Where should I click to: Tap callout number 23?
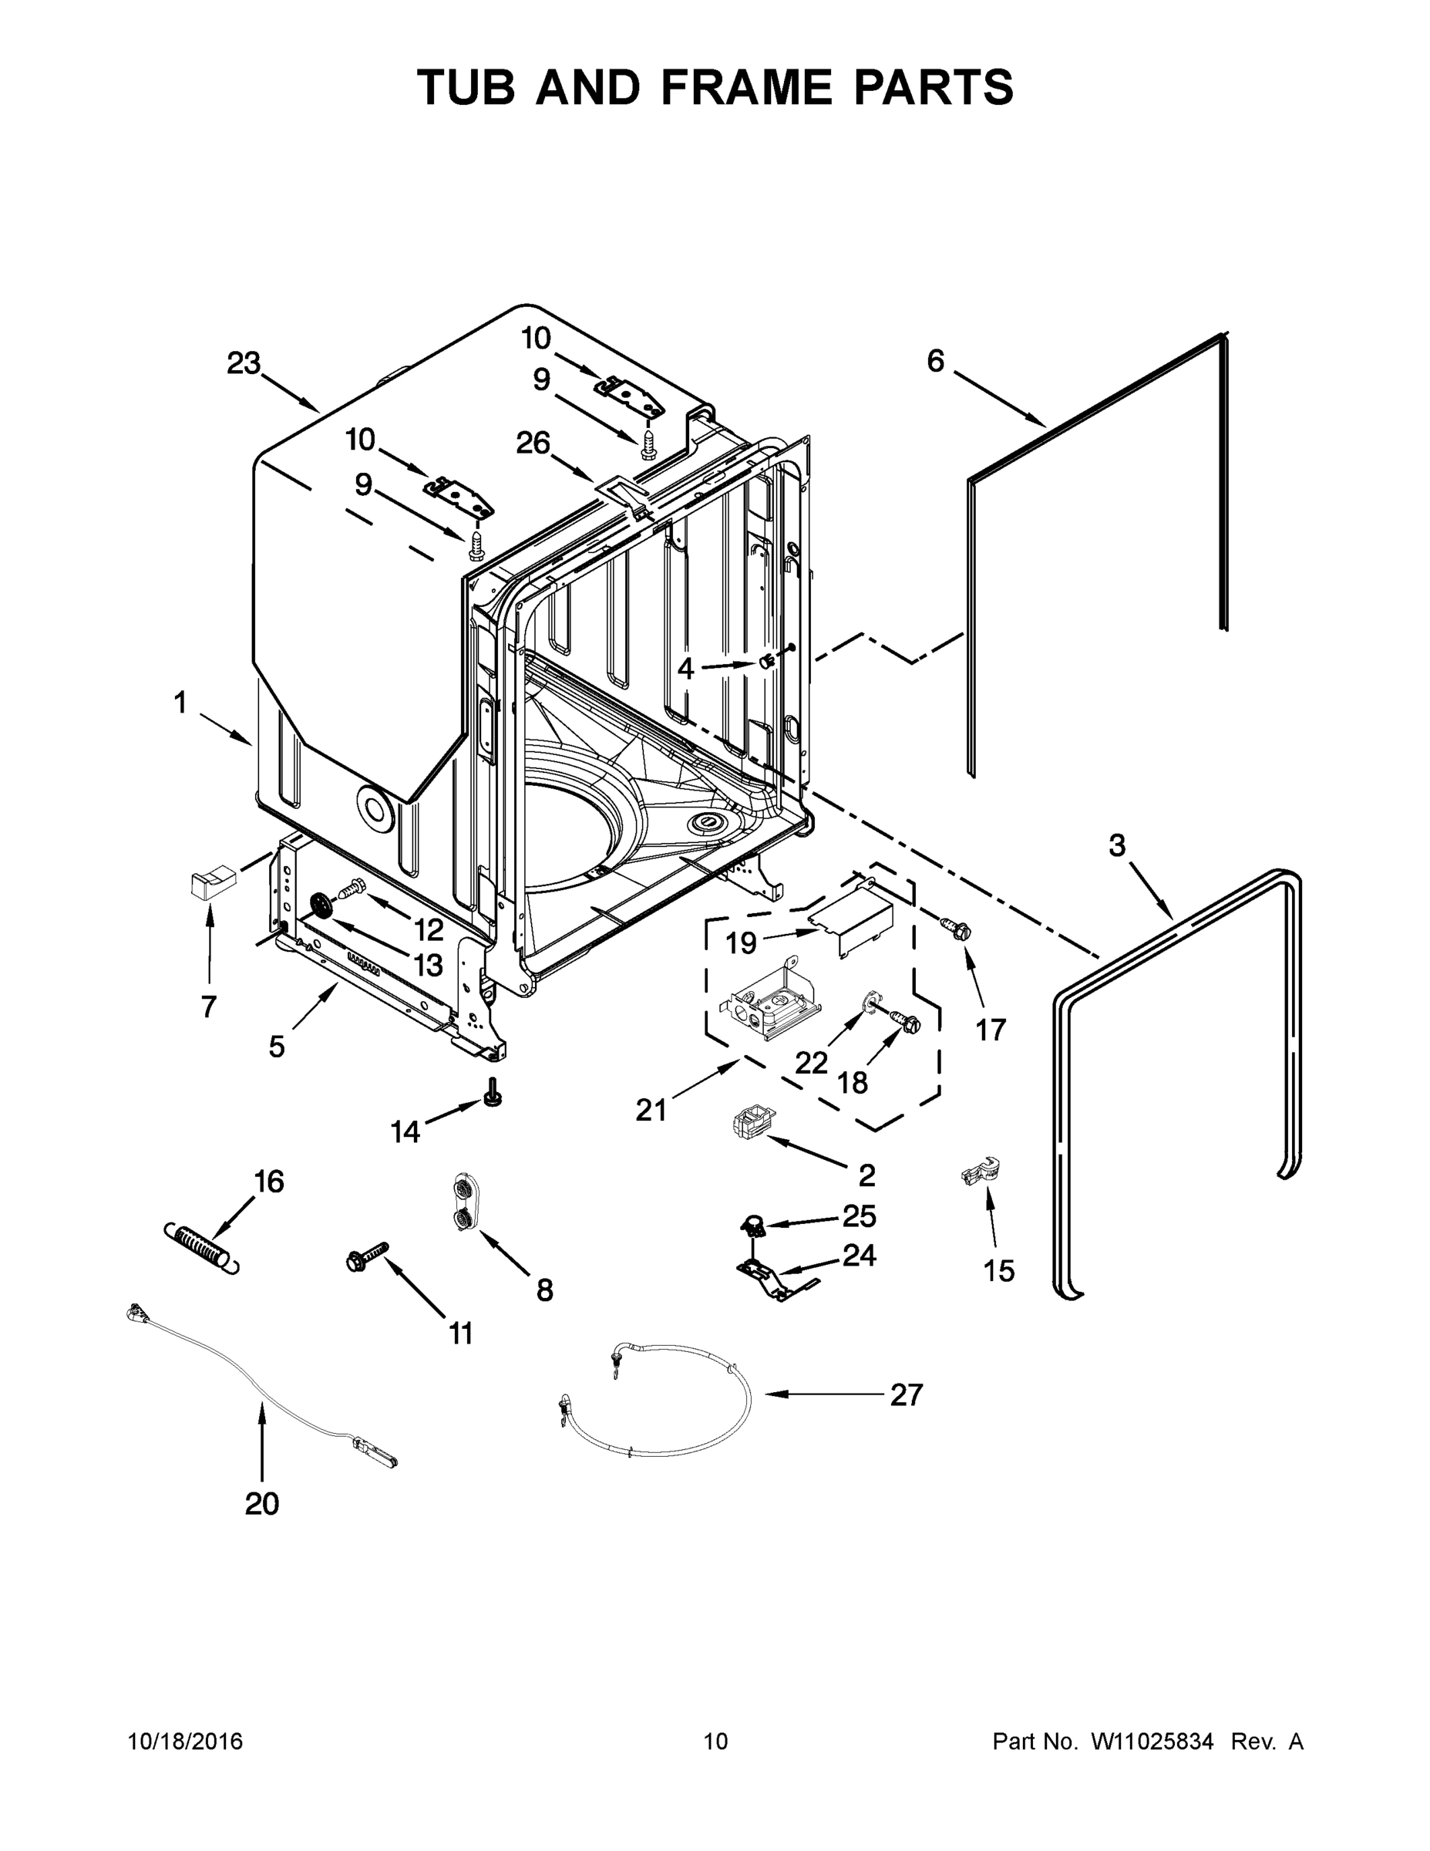pos(243,363)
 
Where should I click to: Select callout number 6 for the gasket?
pos(934,361)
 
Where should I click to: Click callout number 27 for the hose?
pos(906,1394)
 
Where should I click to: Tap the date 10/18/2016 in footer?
pos(186,1741)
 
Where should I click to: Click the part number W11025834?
pos(1151,1741)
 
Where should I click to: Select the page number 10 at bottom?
pos(715,1741)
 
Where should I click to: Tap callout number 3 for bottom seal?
pos(1116,845)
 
